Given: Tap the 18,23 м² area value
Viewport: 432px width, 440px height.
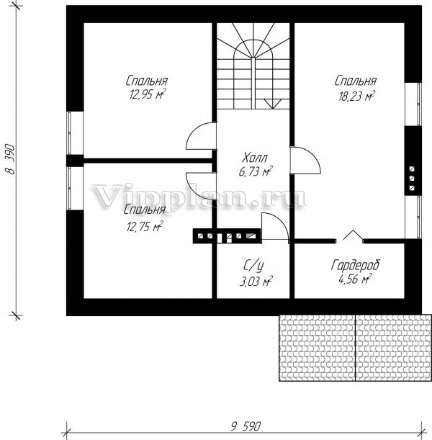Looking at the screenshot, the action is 356,96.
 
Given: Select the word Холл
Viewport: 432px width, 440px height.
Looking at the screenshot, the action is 255,158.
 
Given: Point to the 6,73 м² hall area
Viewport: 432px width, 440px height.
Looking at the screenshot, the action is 256,171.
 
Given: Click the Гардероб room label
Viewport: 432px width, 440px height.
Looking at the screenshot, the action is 356,265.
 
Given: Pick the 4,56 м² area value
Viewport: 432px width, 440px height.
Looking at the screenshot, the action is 355,279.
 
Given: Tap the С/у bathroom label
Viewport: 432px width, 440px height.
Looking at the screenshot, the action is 253,266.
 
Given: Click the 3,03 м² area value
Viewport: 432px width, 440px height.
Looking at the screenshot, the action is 256,282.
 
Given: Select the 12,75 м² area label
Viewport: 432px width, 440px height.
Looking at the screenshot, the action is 145,226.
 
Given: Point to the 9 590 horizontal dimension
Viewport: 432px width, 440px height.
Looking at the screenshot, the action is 246,426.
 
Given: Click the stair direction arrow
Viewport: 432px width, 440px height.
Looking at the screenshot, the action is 272,104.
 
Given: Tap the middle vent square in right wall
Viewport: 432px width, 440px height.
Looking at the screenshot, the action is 412,179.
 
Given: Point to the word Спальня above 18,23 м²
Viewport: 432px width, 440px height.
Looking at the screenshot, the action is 356,81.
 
